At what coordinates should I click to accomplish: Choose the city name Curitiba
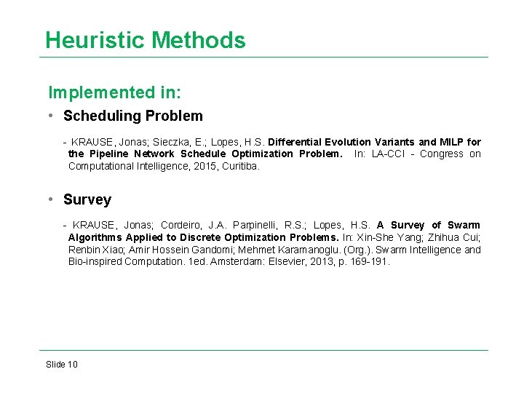coord(238,166)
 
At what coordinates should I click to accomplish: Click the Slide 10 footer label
coord(61,364)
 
